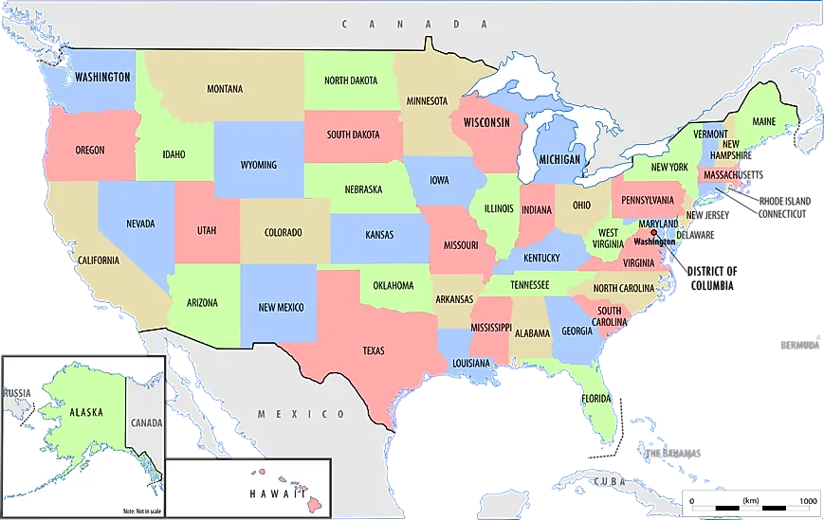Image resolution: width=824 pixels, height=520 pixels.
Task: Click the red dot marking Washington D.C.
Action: point(653,233)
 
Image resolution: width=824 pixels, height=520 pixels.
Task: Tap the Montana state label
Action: point(225,90)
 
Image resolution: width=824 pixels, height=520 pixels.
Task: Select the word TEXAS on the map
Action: point(374,350)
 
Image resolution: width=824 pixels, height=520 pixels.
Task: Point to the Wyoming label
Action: point(258,165)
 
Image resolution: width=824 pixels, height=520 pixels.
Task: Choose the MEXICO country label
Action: point(302,415)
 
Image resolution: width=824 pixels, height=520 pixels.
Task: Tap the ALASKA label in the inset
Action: point(85,413)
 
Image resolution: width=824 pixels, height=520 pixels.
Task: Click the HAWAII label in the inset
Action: point(276,493)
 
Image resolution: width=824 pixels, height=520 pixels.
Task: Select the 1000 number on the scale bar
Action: point(807,501)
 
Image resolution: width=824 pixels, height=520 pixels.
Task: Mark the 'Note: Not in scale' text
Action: point(142,511)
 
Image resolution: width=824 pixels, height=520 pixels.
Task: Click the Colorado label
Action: point(283,232)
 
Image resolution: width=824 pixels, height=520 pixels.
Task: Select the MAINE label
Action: point(763,122)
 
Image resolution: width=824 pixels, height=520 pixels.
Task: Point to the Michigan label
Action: point(559,159)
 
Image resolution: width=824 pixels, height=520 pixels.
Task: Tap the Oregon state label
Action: point(90,150)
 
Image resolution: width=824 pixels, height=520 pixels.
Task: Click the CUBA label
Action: point(607,482)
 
